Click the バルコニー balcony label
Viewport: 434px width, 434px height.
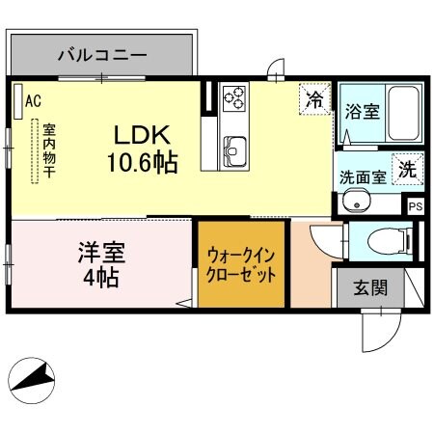[101, 54]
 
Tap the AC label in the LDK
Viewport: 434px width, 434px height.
[33, 99]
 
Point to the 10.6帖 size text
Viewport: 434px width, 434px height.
[142, 162]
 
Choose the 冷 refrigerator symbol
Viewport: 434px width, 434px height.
[314, 97]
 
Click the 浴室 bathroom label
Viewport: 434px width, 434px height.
[362, 111]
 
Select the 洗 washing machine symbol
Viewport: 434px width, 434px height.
[409, 168]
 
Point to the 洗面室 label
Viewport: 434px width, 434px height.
[362, 177]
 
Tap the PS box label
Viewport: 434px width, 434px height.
[416, 206]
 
